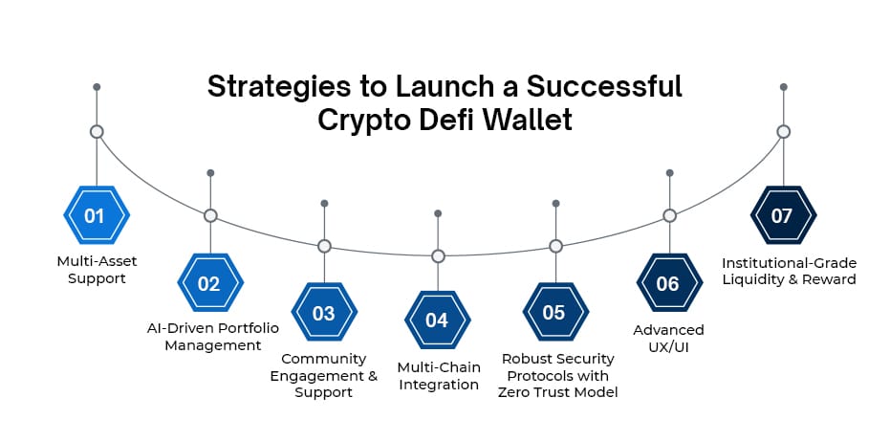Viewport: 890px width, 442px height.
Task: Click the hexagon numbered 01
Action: pos(96,216)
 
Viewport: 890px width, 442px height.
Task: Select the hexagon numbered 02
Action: pos(209,283)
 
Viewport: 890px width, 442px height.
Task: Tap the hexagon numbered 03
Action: pos(324,313)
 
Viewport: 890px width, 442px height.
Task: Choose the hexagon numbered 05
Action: pos(554,313)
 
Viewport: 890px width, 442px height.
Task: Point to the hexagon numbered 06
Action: pos(668,283)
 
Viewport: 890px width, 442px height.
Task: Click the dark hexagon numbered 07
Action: pos(783,216)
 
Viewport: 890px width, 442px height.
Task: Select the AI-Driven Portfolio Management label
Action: pos(212,337)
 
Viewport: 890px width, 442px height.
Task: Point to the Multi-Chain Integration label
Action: pos(438,376)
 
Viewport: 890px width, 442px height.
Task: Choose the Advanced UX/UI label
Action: pos(668,338)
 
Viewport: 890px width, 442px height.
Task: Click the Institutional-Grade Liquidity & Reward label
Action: pos(789,271)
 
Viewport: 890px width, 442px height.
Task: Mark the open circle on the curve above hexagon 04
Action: pos(438,256)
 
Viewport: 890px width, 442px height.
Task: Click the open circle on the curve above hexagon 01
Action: pos(96,131)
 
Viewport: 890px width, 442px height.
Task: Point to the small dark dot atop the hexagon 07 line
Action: pos(783,87)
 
